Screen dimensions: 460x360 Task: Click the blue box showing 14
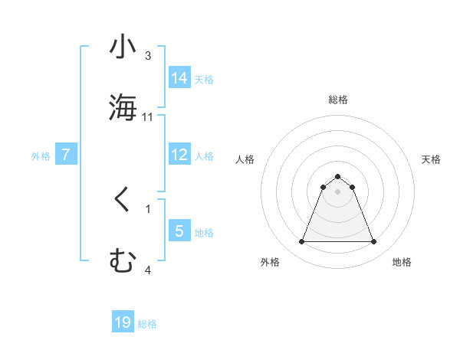179,77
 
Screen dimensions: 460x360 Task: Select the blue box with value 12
179,155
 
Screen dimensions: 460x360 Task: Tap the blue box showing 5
179,231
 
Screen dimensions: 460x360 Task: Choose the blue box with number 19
123,322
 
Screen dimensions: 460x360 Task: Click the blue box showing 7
66,155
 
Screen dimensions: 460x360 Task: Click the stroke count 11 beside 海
148,116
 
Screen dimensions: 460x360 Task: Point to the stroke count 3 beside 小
148,56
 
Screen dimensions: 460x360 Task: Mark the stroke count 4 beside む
148,270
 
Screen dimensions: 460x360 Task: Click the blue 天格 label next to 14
204,79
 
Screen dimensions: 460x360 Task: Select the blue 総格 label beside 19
147,324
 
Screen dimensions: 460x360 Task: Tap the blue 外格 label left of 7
41,156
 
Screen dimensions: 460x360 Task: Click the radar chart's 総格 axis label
338,100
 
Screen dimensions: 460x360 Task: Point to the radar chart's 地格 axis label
402,262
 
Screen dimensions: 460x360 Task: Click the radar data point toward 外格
301,242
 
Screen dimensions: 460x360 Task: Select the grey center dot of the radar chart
338,191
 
